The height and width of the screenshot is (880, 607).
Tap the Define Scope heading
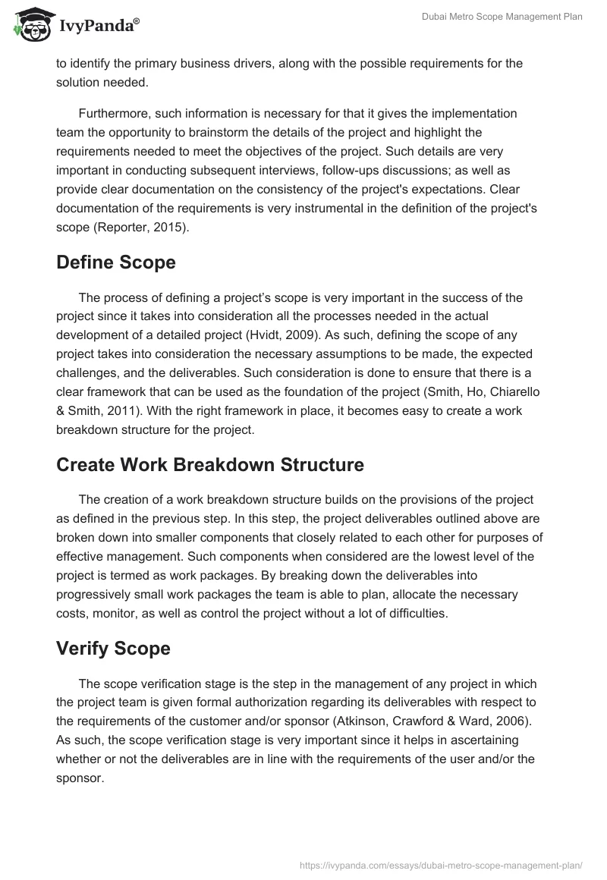[x=115, y=262]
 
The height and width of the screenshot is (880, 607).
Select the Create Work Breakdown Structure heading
[x=209, y=464]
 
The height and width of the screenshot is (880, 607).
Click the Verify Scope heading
[x=113, y=648]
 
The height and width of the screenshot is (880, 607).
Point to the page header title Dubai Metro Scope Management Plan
[x=502, y=17]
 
